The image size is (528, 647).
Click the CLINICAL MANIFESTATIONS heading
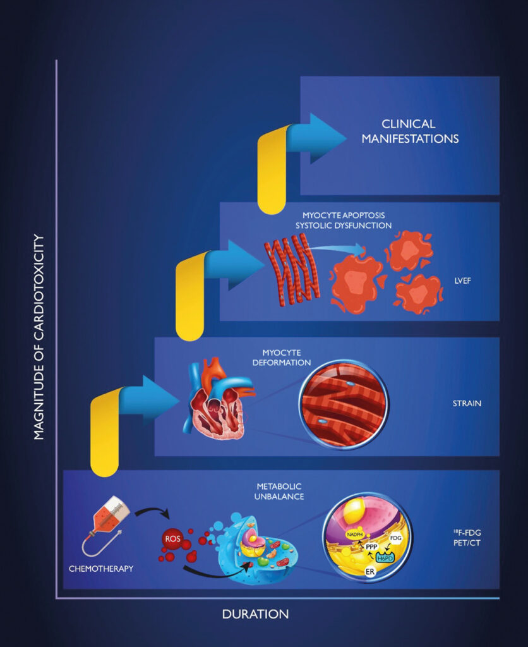(x=410, y=131)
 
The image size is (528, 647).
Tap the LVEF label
(x=462, y=281)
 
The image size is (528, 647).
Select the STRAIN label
(x=467, y=403)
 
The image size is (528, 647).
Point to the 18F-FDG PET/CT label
(x=467, y=538)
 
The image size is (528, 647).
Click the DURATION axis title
(x=255, y=614)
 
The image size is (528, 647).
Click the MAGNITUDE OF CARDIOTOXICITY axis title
(x=39, y=337)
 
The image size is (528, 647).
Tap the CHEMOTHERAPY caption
(x=101, y=569)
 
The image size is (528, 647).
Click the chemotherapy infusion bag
(x=107, y=523)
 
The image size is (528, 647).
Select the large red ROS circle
(x=173, y=538)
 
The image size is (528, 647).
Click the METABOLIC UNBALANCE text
(x=279, y=492)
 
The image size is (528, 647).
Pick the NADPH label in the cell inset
(x=355, y=535)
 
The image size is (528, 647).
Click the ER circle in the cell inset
(x=370, y=572)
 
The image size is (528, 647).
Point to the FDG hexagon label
(x=395, y=538)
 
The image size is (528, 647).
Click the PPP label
(x=371, y=547)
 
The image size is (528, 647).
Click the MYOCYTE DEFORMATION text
(x=282, y=358)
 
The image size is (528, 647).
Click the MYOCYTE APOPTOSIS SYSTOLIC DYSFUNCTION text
(x=344, y=221)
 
